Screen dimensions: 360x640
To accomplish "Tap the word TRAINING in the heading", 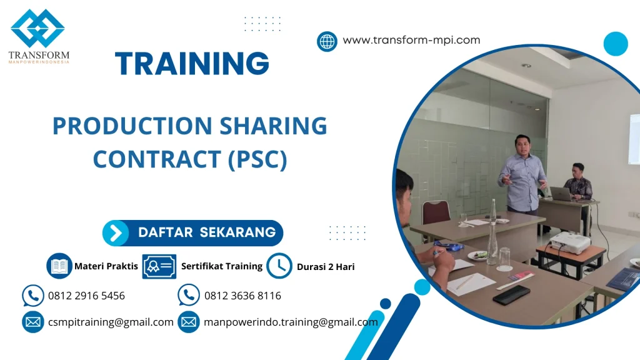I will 192,64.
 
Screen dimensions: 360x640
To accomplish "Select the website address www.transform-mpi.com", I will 411,40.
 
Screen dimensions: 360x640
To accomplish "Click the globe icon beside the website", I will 327,41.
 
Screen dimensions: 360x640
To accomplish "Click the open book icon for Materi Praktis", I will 59,266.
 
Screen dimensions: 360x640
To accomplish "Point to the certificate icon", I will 159,266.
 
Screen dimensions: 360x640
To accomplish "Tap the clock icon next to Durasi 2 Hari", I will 279,266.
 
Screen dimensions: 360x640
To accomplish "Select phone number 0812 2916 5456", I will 86,296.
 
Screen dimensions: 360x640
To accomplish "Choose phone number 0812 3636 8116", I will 242,296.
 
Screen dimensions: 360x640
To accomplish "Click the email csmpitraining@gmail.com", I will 111,322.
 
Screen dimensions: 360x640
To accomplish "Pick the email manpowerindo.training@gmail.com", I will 291,322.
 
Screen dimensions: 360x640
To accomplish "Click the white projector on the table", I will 569,242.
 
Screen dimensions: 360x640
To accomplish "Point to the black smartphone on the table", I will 511,294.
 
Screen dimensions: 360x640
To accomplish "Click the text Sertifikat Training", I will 222,266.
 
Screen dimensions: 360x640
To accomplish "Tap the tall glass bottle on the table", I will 492,234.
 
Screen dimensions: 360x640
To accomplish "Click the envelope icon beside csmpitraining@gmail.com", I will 32,322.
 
